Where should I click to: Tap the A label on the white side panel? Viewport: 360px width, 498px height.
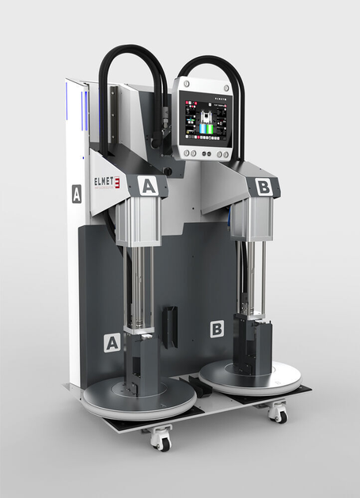(76, 194)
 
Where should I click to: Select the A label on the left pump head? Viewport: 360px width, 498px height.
(148, 186)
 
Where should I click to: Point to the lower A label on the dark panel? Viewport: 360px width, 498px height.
(112, 342)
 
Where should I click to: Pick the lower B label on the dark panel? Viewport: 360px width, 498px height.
(216, 328)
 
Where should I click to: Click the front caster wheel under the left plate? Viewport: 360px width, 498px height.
(161, 440)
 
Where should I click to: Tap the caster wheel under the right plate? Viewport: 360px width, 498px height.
(277, 412)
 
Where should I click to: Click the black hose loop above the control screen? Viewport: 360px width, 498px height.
(207, 63)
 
